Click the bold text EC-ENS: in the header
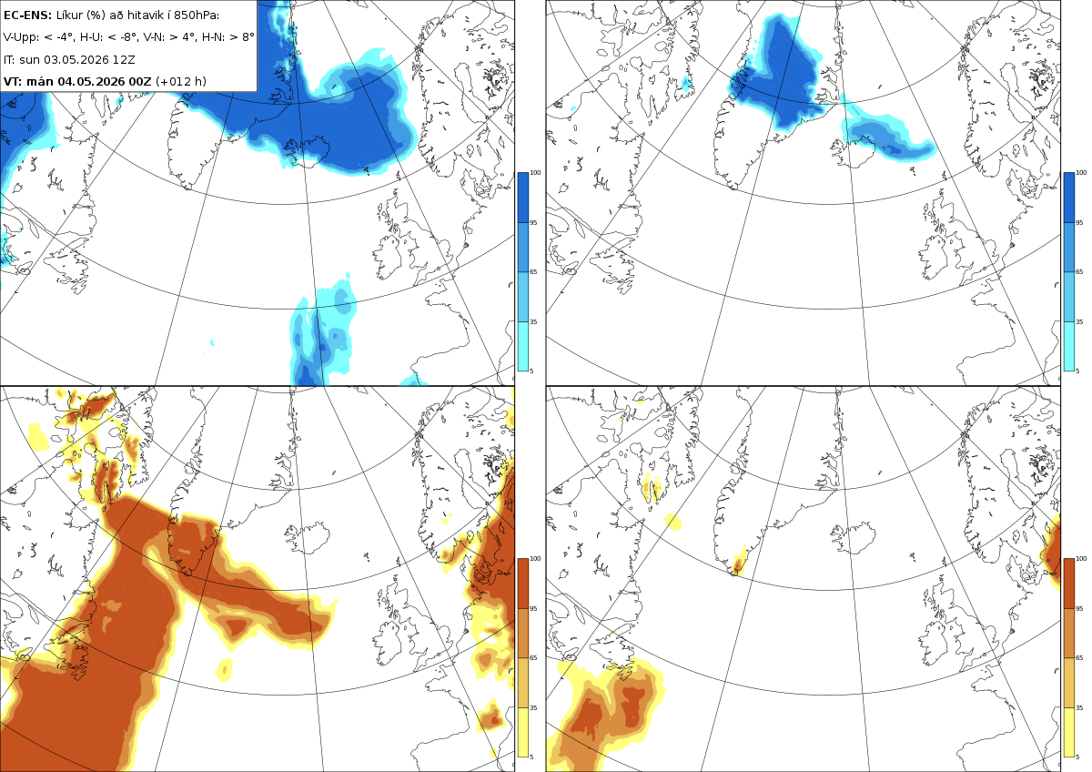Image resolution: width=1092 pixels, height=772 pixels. click(27, 15)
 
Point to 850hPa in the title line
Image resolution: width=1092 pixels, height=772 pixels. click(197, 15)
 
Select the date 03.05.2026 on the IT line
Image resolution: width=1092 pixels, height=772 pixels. click(78, 59)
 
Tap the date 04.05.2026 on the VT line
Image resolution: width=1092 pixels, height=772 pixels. click(92, 81)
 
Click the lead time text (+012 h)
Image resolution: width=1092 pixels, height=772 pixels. click(181, 81)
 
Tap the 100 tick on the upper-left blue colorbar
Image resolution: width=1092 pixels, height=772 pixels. click(535, 173)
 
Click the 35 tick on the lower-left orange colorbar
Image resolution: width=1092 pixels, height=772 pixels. click(533, 707)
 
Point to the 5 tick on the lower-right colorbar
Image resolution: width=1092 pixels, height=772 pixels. click(1077, 757)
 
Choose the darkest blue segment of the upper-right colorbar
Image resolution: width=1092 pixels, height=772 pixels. click(1068, 198)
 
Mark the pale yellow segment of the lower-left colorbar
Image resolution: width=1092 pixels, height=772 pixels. click(522, 732)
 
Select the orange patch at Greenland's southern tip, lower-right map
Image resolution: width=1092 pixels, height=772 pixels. click(739, 564)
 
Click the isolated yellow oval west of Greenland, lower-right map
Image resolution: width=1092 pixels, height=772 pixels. click(673, 522)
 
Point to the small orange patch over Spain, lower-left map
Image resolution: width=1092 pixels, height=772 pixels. click(491, 716)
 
